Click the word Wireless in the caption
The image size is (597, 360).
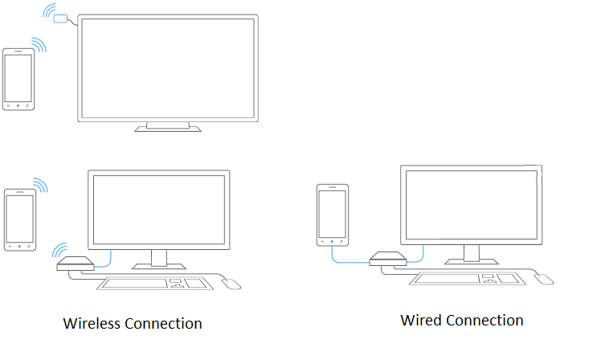pyautogui.click(x=92, y=323)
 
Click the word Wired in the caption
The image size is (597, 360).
pyautogui.click(x=421, y=321)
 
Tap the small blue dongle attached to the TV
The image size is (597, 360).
pyautogui.click(x=60, y=18)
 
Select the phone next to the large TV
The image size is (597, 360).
pyautogui.click(x=18, y=80)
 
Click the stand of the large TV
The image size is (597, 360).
pyautogui.click(x=168, y=127)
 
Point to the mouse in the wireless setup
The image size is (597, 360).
pyautogui.click(x=231, y=284)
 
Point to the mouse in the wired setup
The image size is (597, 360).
pyautogui.click(x=544, y=279)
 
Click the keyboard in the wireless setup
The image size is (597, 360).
pyautogui.click(x=154, y=284)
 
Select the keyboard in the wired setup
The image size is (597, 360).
pyautogui.click(x=468, y=279)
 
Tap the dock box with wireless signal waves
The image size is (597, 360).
pyautogui.click(x=76, y=264)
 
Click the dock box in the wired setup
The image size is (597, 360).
pyautogui.click(x=388, y=259)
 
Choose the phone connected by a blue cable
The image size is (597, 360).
pyautogui.click(x=333, y=215)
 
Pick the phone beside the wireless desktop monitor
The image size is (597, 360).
pyautogui.click(x=20, y=220)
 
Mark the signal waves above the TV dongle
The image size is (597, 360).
pyautogui.click(x=50, y=10)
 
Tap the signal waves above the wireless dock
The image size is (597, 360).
pyautogui.click(x=59, y=250)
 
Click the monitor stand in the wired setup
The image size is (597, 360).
pyautogui.click(x=472, y=255)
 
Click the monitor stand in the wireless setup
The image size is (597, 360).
pyautogui.click(x=159, y=260)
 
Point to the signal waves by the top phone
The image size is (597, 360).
pyautogui.click(x=39, y=44)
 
